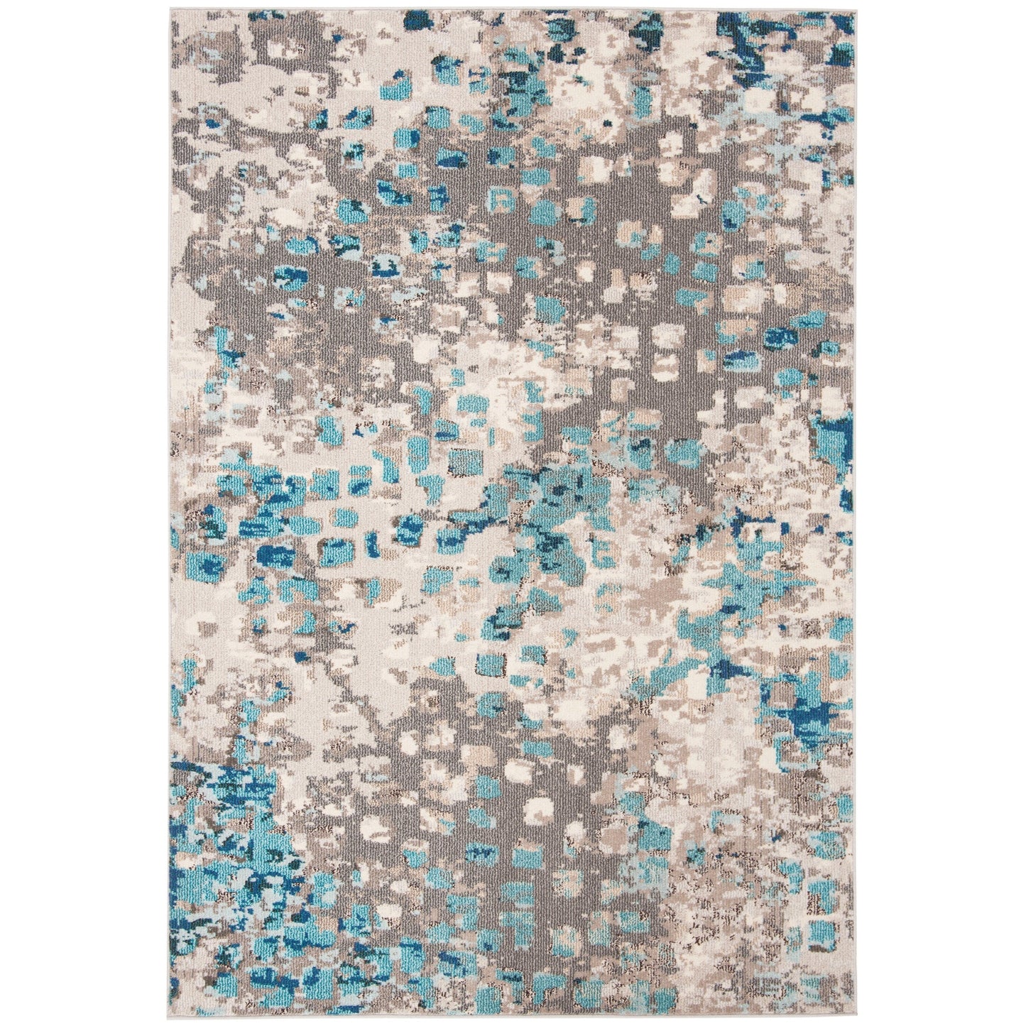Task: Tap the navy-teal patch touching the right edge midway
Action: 838,440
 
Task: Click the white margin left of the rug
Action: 85,511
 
